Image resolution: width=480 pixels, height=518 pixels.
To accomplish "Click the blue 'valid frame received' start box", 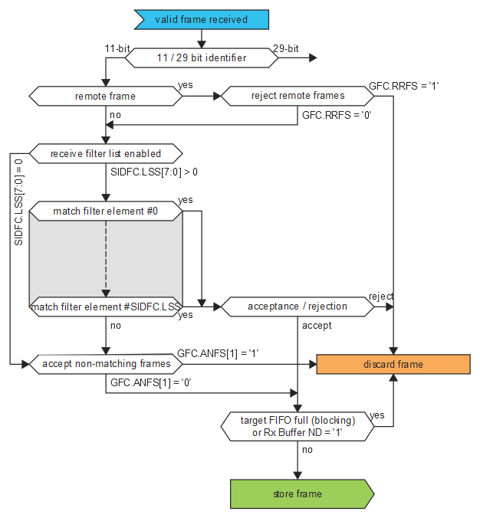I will pos(201,19).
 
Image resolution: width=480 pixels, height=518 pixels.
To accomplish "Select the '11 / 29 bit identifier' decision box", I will pos(201,57).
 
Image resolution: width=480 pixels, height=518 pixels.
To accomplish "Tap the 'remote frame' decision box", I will pos(105,96).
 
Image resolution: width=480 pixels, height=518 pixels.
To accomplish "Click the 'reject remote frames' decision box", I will pos(298,96).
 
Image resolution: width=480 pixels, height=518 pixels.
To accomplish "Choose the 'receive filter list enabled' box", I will pos(105,153).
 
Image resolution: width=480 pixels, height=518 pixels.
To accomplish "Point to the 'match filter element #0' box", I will pos(105,211).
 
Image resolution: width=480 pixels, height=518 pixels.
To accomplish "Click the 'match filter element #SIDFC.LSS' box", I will pos(105,307).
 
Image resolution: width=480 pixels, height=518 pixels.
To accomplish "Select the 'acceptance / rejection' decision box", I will pos(298,307).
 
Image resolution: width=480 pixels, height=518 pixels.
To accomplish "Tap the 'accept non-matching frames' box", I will pos(105,364).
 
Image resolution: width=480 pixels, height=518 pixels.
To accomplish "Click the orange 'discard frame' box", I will pos(393,364).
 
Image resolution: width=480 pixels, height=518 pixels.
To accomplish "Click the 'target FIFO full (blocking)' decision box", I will pos(298,425).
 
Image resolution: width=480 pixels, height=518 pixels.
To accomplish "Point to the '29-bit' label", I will pos(285,48).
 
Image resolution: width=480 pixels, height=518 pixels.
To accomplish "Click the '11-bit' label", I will pos(117,48).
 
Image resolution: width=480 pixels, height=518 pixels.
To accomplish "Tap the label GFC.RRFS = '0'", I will pos(336,115).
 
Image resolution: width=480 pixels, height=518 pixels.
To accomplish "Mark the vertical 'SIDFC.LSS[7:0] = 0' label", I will pos(19,202).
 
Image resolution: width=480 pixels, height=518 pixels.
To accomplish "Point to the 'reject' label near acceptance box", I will pos(381,297).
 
